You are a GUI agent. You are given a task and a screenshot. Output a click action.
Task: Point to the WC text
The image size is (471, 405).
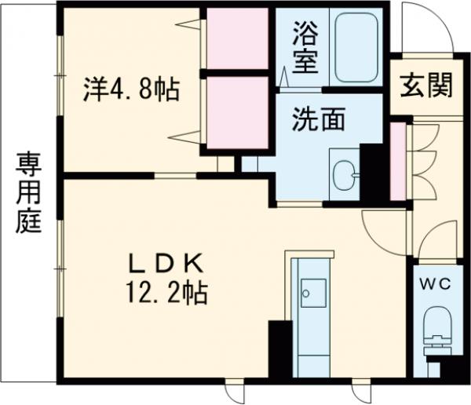pos(436,284)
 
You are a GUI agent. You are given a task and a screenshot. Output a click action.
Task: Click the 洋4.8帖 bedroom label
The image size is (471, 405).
pos(130,89)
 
